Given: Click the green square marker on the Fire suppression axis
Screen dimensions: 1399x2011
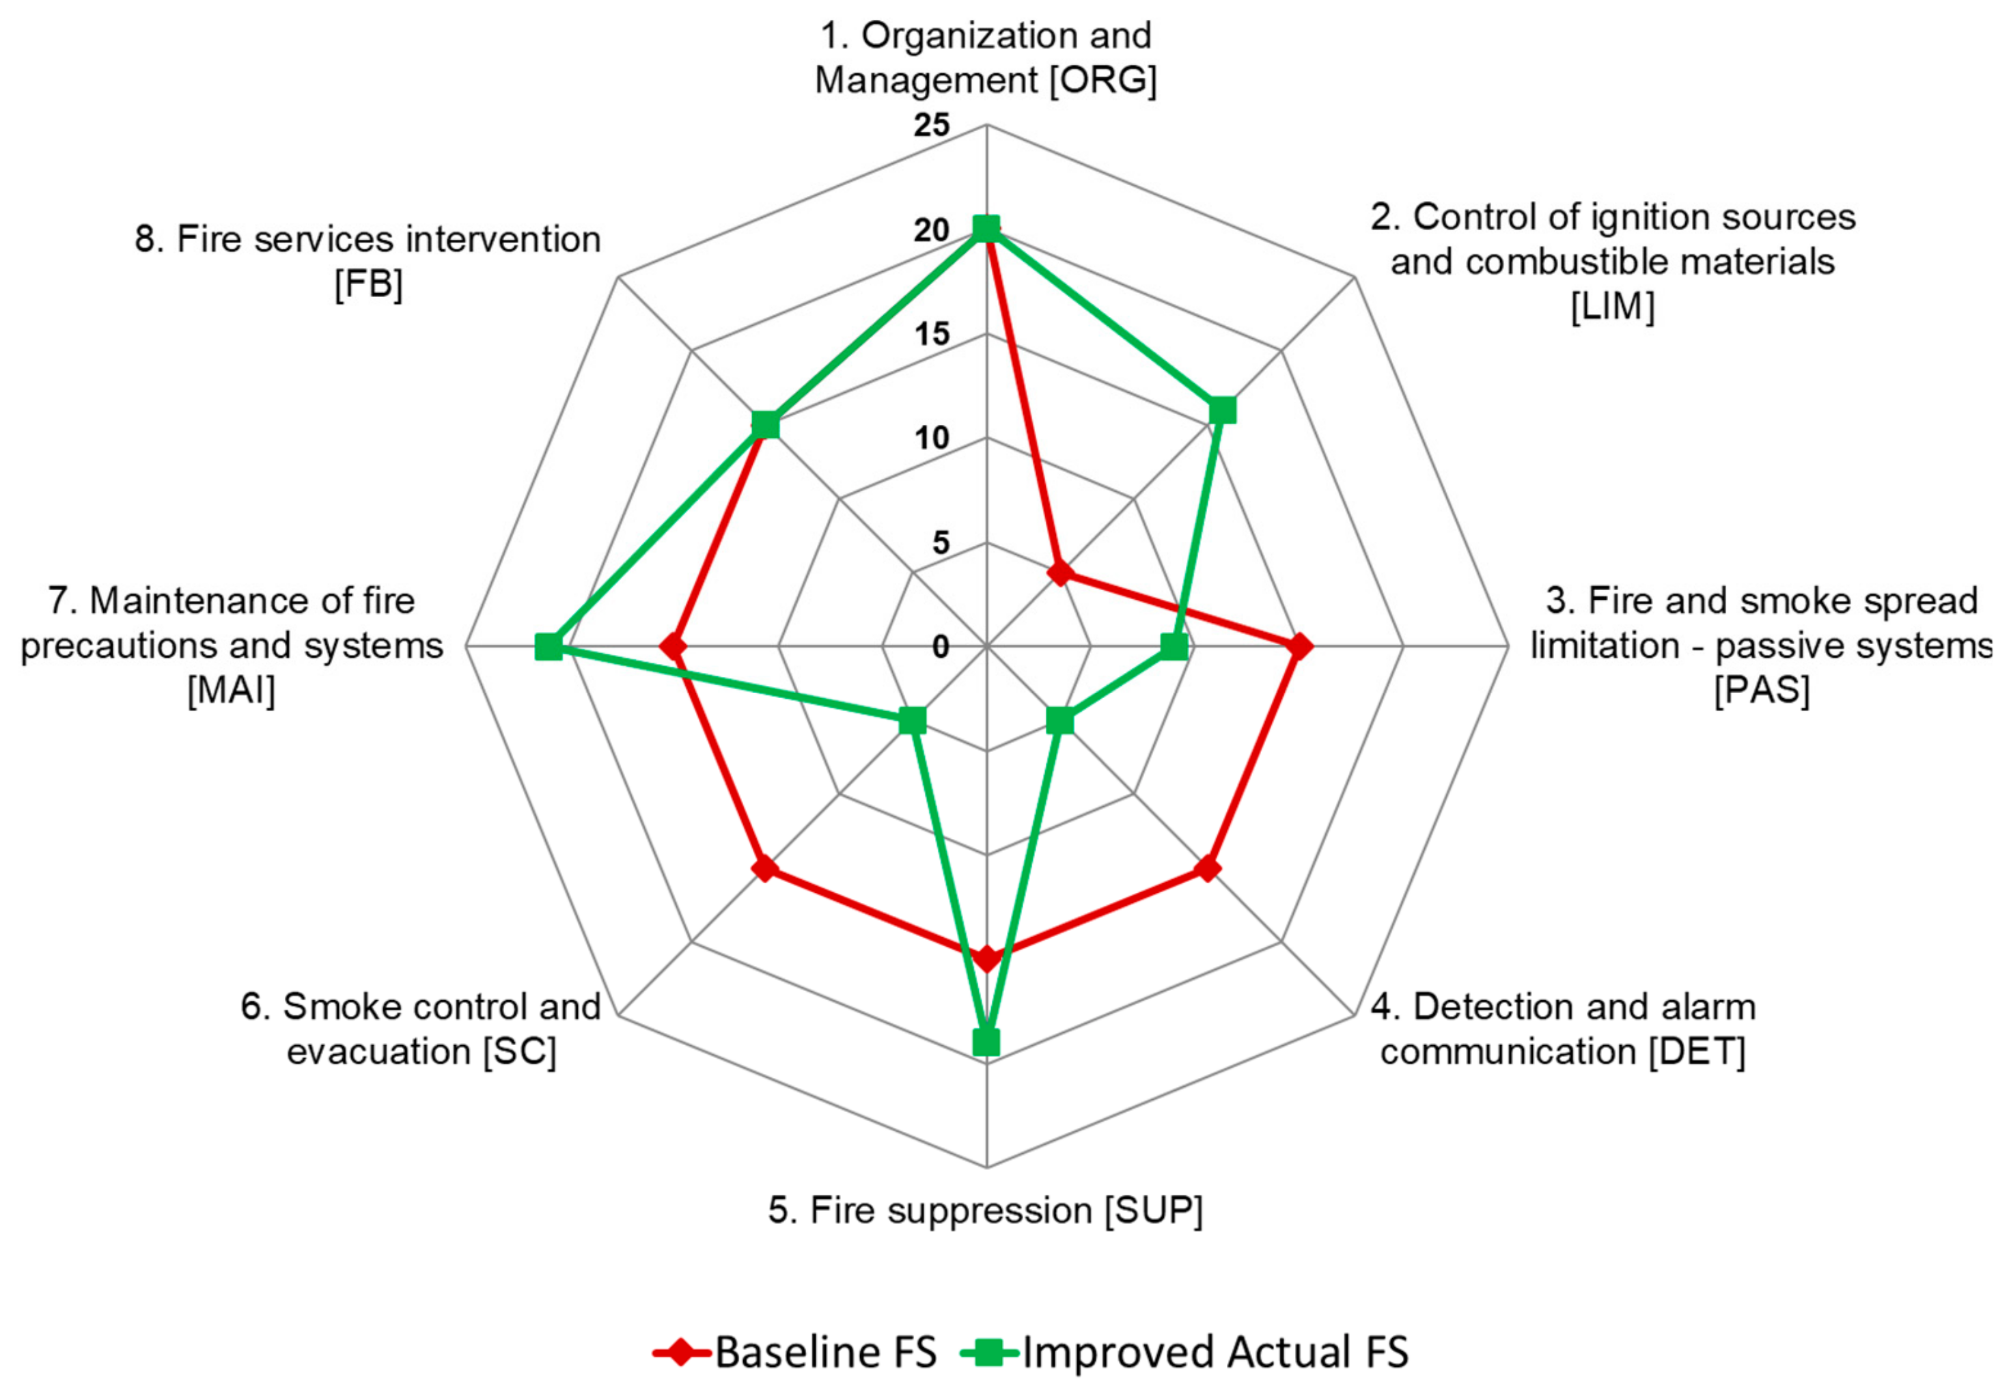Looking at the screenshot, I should pos(986,1042).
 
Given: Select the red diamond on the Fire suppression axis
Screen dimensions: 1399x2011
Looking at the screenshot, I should pos(986,958).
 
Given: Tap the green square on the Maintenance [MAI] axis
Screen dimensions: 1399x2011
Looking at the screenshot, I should pos(549,646).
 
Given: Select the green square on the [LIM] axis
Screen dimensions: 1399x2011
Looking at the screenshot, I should pos(1223,410).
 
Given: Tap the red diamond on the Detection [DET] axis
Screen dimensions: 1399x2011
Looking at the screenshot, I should pos(1208,869).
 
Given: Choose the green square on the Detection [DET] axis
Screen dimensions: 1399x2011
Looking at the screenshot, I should pos(1059,721).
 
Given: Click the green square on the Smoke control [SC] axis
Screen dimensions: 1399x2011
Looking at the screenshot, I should pos(913,721).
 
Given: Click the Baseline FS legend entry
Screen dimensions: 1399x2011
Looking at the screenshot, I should pos(795,1352).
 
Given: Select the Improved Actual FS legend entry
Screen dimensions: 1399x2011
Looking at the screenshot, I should pos(1186,1352).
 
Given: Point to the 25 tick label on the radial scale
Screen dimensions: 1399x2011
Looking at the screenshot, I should pos(931,125).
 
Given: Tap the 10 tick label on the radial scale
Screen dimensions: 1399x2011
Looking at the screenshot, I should pos(931,438).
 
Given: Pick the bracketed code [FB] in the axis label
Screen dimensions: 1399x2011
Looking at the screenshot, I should pos(369,283).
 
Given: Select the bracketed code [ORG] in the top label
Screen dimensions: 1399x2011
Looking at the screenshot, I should pos(1104,81).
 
